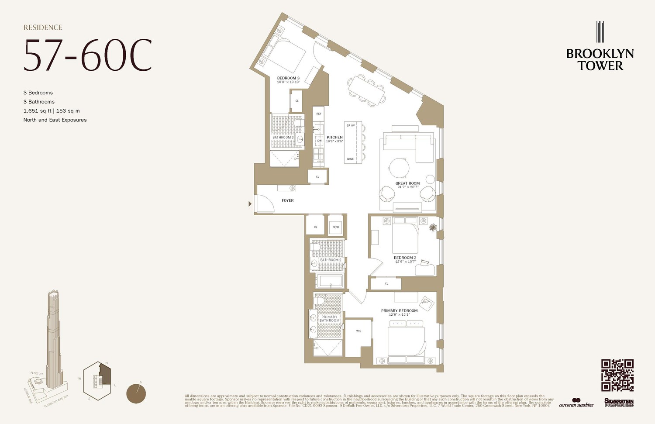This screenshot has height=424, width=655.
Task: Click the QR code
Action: (x=617, y=375)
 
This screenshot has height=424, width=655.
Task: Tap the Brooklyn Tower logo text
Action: (x=600, y=60)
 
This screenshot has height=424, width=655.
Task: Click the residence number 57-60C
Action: (x=88, y=55)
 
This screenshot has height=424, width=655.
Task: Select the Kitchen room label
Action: (x=335, y=138)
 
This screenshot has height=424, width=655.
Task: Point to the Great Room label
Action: (x=407, y=183)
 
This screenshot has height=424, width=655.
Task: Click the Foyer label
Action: (x=288, y=200)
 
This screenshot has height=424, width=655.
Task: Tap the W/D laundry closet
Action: (x=336, y=227)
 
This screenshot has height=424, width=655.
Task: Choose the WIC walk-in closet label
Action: (x=359, y=331)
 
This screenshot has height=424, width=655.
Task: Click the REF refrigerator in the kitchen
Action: (x=319, y=114)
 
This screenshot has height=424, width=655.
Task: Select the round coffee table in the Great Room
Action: (x=400, y=167)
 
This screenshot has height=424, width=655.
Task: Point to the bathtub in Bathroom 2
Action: (x=330, y=281)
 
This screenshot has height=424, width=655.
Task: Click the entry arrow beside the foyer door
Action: (x=250, y=203)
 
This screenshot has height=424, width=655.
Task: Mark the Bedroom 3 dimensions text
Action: (x=288, y=82)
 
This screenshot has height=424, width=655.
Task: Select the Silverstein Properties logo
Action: (x=619, y=403)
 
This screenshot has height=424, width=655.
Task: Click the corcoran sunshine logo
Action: (x=576, y=403)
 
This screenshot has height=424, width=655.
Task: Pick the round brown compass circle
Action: (x=136, y=393)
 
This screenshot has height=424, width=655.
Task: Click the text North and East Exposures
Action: (x=55, y=120)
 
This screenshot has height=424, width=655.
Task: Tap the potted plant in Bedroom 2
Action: (x=433, y=228)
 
